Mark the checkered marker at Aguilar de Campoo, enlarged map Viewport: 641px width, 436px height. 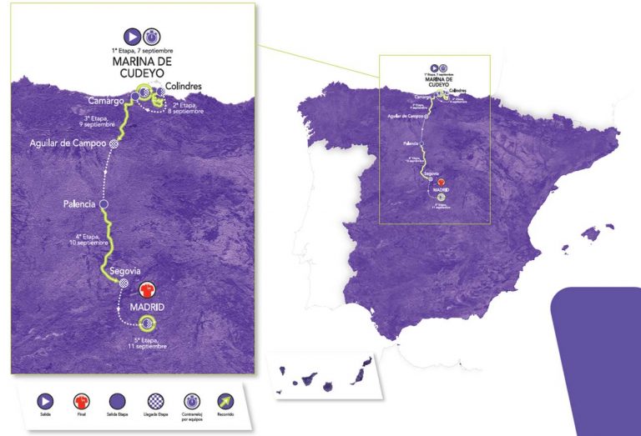114,143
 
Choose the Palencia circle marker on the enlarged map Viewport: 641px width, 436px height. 104,203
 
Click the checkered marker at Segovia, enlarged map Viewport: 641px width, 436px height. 124,283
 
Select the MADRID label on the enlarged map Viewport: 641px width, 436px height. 146,308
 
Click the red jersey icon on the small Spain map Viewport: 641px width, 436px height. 442,187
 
